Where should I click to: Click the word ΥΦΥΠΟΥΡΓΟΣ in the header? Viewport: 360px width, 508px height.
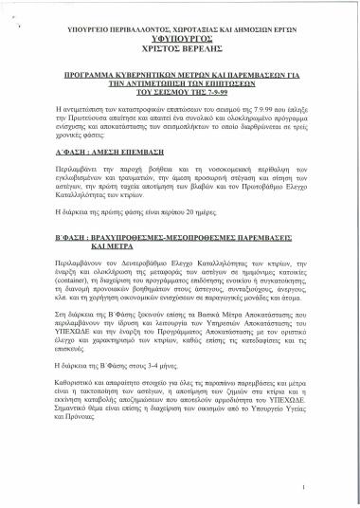pyautogui.click(x=181, y=28)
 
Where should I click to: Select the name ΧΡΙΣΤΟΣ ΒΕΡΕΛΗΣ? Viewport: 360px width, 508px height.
pyautogui.click(x=181, y=42)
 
